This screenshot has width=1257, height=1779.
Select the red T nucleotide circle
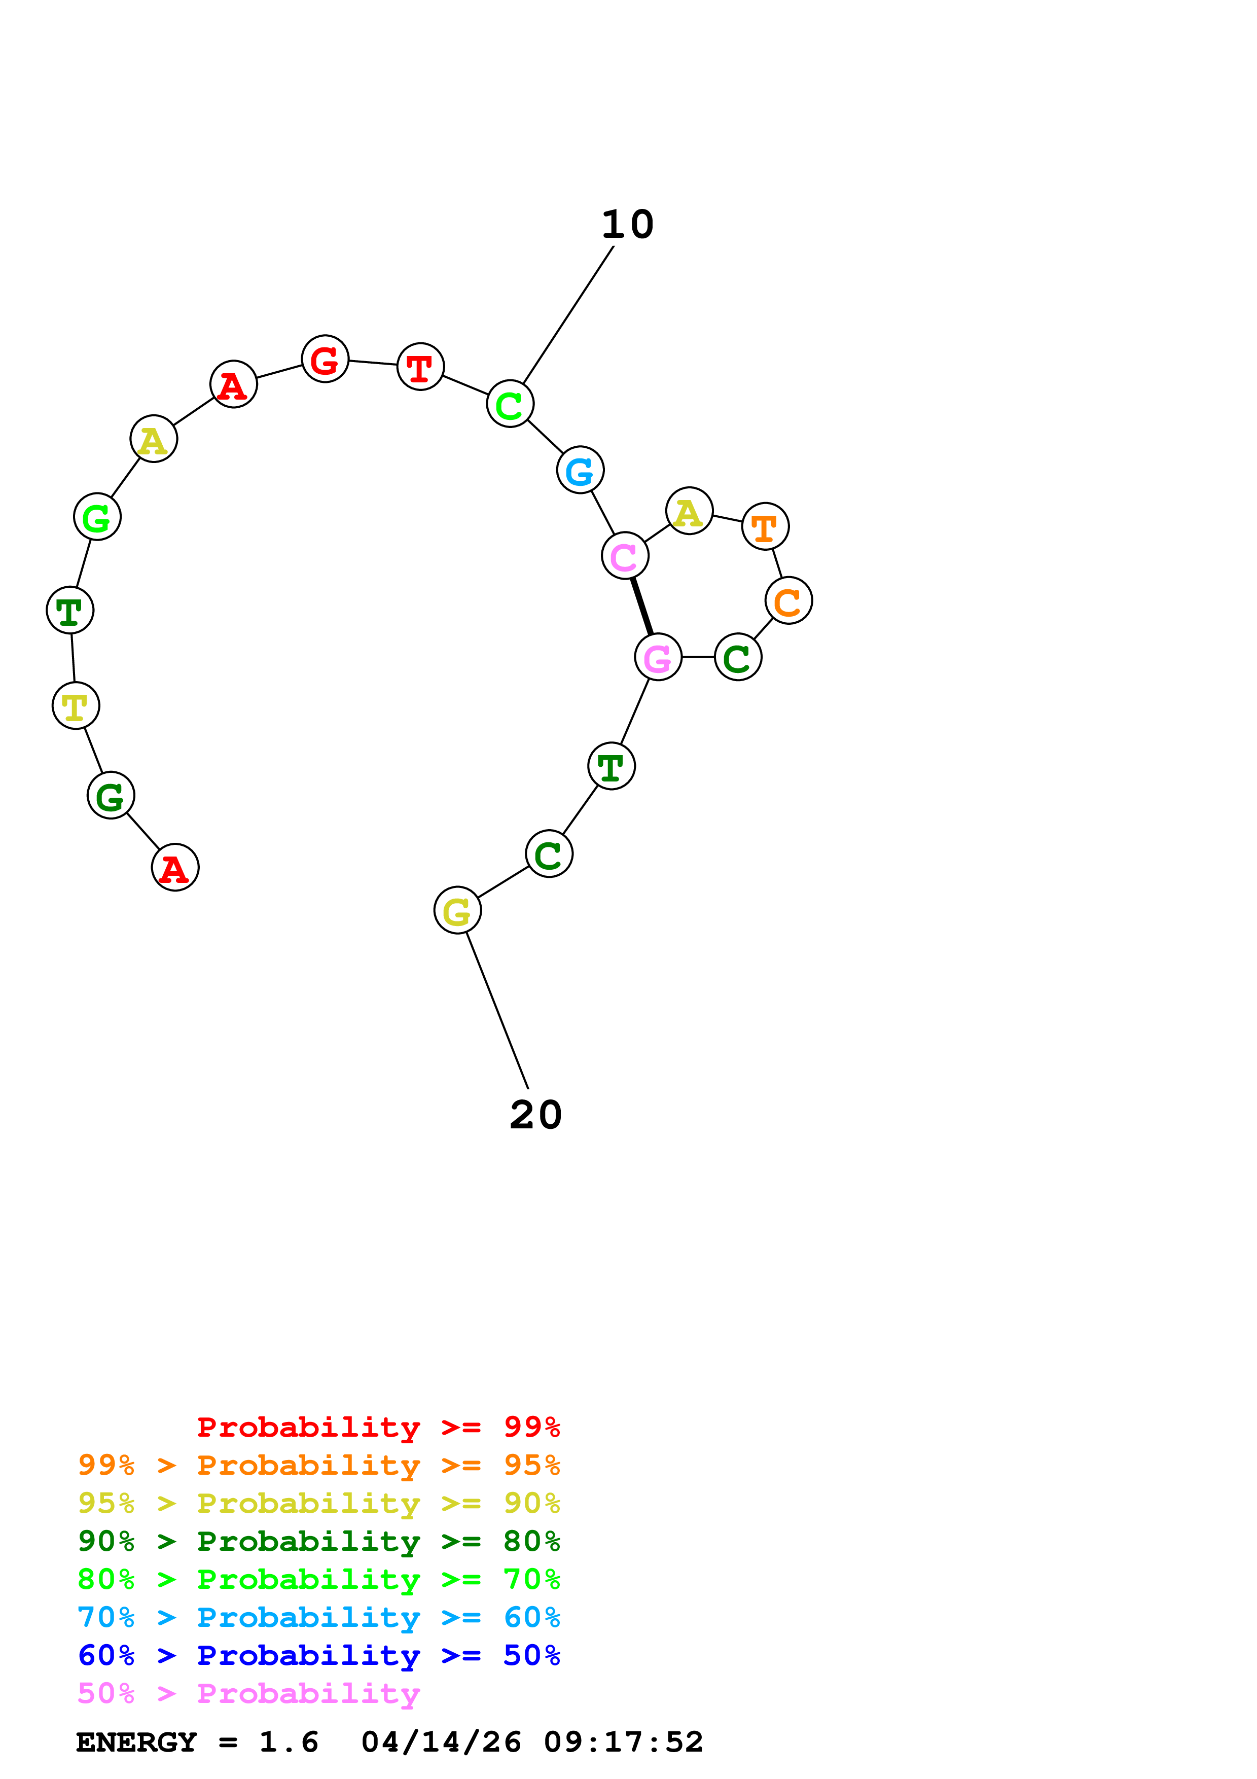(420, 367)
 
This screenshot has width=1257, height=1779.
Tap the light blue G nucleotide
(580, 470)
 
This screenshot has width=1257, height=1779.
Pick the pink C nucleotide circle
(625, 555)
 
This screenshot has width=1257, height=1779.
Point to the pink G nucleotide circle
(658, 657)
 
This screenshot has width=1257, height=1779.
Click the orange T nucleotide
(765, 526)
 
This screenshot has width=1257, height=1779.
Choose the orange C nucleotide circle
(788, 600)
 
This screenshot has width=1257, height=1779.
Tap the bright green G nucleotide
(97, 516)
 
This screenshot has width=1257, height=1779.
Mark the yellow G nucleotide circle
(458, 910)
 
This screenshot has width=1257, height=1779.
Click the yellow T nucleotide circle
(76, 706)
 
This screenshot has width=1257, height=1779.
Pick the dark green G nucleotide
(111, 795)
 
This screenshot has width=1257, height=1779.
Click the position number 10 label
(628, 225)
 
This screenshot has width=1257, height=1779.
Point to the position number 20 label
(536, 1115)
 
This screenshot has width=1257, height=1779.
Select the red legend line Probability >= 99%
(379, 1427)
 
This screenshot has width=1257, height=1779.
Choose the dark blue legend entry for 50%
(319, 1655)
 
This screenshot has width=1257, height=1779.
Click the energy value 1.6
(289, 1742)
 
